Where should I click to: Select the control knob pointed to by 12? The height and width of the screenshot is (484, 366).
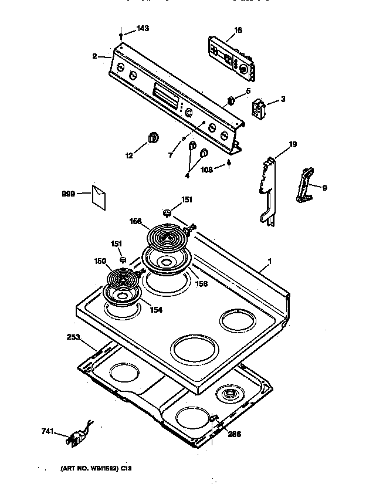coord(153,137)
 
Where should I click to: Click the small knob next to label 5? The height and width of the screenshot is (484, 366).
coord(232,99)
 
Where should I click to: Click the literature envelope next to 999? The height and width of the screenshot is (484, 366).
coord(98,197)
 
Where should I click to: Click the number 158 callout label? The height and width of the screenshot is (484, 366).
coord(201,284)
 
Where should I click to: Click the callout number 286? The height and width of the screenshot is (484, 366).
coord(233,435)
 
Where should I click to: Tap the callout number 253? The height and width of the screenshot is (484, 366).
coord(74,337)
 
